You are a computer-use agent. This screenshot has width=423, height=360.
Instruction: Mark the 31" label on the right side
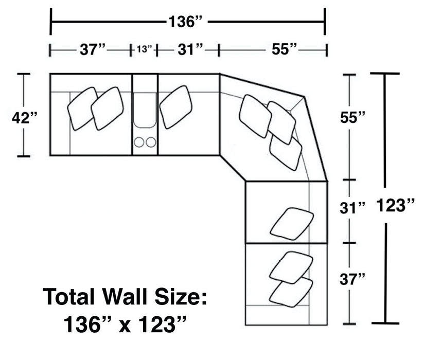pos(353,208)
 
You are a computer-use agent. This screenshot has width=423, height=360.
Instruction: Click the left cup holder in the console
pos(139,141)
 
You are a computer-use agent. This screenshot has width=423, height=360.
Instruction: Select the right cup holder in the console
pos(150,141)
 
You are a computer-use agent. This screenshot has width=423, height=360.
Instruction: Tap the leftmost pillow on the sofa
pos(82,108)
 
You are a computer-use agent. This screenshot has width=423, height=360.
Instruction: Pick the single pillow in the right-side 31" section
pos(291,223)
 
